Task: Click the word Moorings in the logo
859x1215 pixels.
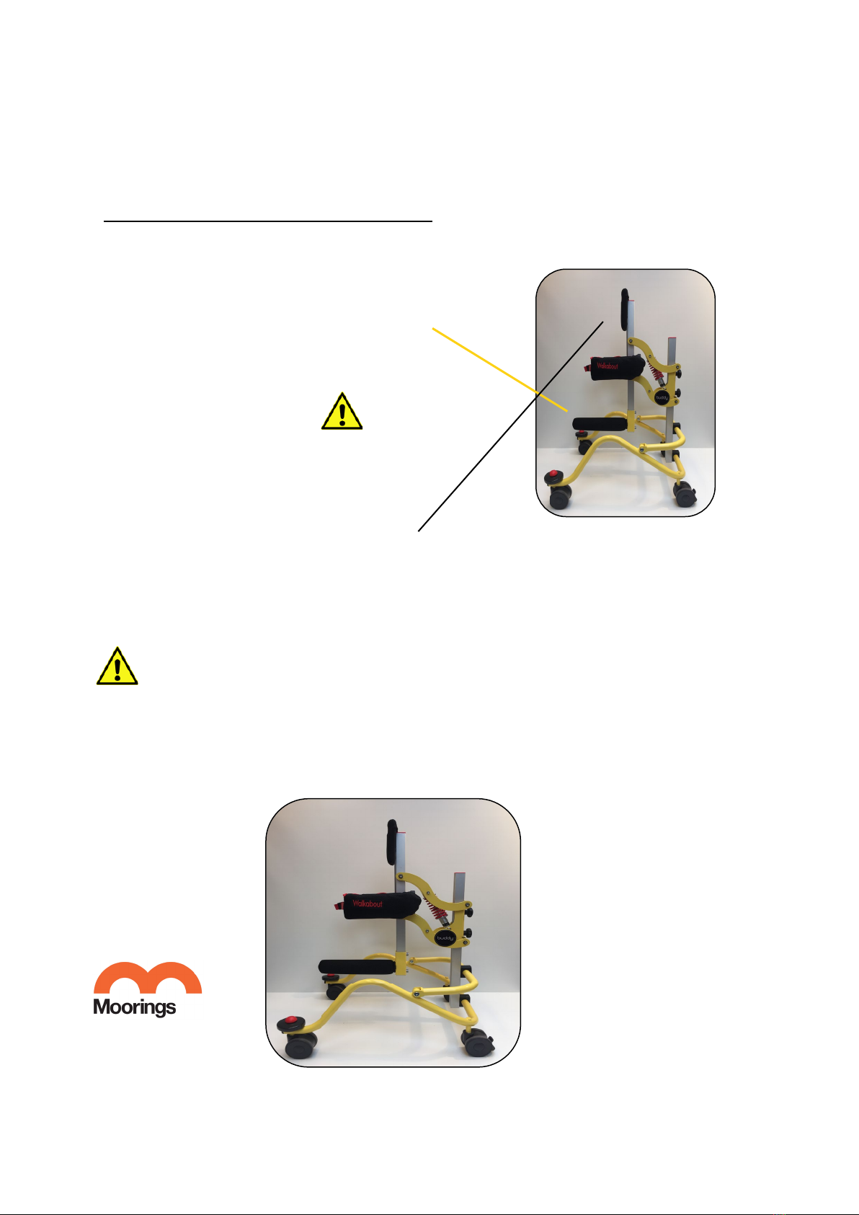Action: pos(135,1007)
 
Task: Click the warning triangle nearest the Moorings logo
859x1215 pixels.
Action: pos(117,666)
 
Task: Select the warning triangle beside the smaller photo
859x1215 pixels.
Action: pos(342,411)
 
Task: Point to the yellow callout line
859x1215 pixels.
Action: pos(499,369)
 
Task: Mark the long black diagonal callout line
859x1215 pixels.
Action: pos(510,426)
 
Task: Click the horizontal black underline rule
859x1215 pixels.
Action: pos(268,221)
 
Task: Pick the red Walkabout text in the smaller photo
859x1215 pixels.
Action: pos(607,366)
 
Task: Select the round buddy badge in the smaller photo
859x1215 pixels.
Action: pos(662,397)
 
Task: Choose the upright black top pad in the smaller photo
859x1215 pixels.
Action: pos(625,309)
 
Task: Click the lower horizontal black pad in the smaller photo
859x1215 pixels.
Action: pos(600,423)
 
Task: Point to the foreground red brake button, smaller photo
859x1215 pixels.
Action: pos(553,475)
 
